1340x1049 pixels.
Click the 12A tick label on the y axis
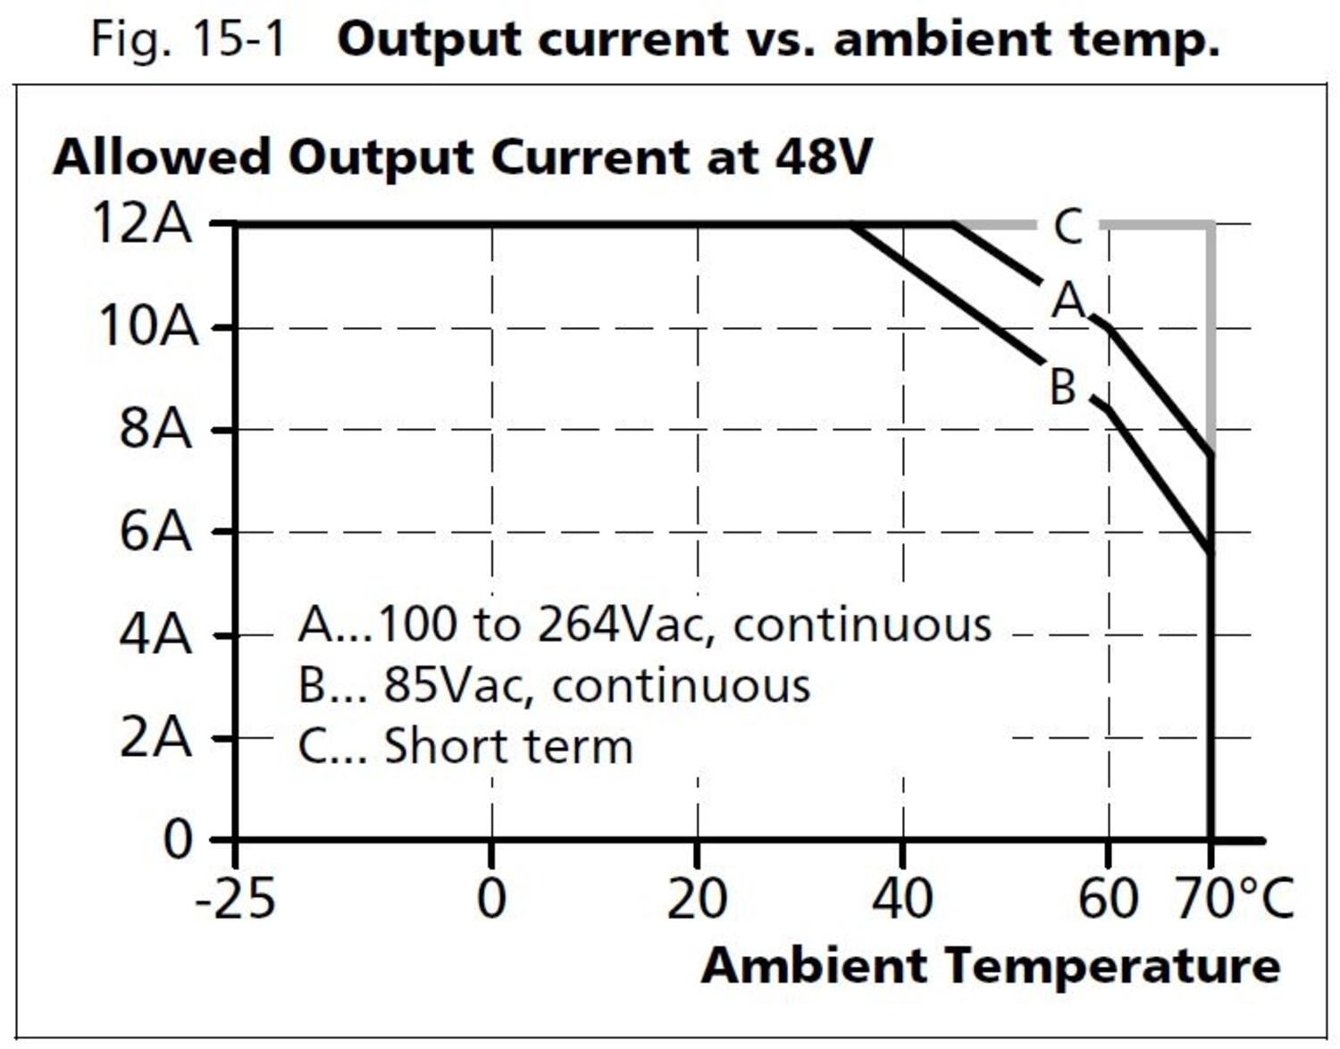(142, 222)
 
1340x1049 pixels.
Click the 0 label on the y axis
(178, 840)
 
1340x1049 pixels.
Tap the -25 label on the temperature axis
(235, 899)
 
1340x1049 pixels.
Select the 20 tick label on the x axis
(697, 899)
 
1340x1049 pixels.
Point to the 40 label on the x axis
(902, 899)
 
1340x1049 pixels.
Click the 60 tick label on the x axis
(1108, 899)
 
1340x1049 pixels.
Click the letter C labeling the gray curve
(1068, 227)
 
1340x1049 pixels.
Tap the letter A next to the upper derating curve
(1068, 300)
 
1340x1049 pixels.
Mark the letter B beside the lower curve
(1063, 388)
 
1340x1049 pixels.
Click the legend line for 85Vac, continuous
(554, 685)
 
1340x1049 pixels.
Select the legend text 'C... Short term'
(465, 746)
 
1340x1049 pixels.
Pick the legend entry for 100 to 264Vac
(644, 624)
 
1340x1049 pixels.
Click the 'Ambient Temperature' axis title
(990, 966)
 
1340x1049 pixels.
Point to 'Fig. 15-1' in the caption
(188, 39)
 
